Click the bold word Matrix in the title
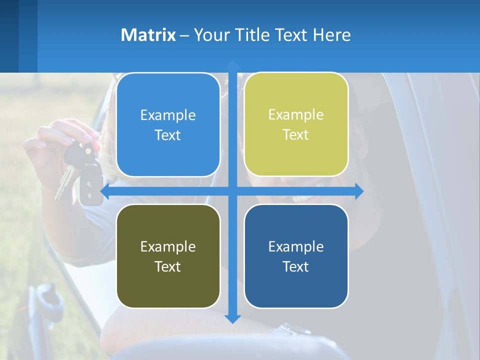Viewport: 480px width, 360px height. [x=148, y=35]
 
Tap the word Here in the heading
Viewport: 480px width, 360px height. [x=332, y=35]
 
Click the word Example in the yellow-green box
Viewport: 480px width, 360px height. [x=296, y=114]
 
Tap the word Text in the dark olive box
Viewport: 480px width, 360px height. [x=168, y=266]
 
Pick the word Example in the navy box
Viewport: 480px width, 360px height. [x=296, y=246]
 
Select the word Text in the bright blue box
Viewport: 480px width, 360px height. [x=168, y=135]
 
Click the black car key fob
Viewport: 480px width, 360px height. [x=91, y=185]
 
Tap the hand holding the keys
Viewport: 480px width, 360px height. [x=55, y=145]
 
